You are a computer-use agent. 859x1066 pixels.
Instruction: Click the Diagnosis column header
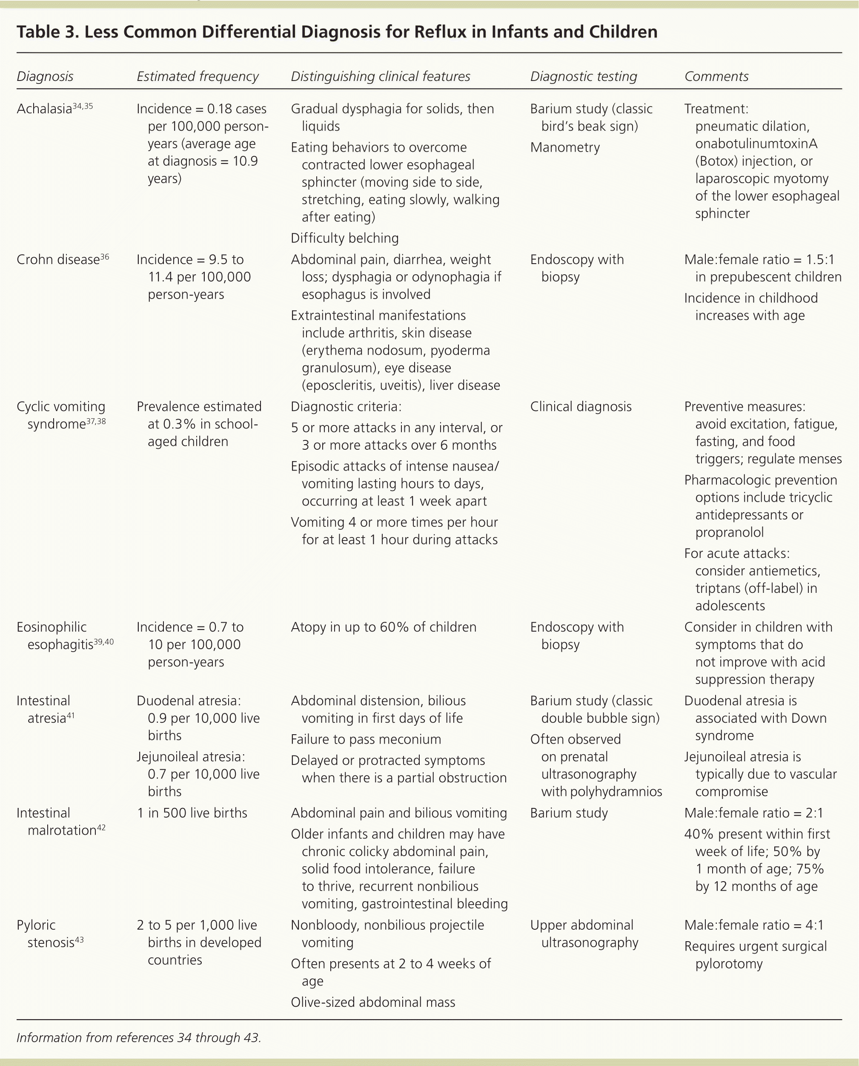45,76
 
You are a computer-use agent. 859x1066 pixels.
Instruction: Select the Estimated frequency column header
198,76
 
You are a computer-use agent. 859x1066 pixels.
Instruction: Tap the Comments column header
716,76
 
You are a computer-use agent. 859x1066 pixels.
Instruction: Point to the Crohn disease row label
58,259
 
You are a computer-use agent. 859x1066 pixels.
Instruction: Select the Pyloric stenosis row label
49,933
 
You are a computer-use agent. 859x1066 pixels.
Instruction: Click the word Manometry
564,147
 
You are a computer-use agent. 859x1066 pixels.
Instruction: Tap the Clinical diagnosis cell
581,406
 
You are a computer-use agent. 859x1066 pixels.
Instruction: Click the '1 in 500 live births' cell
192,813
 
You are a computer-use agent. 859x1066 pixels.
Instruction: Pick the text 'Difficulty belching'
344,238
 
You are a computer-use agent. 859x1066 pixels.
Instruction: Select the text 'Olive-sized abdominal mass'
372,1002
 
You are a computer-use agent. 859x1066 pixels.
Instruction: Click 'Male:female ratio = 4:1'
753,925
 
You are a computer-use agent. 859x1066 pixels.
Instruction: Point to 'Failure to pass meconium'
366,739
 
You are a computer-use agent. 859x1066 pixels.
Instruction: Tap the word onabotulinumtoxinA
756,144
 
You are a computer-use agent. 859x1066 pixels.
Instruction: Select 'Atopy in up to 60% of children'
384,627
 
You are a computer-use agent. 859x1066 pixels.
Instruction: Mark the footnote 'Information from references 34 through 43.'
138,1038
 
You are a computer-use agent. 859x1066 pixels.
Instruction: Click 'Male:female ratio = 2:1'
753,813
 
